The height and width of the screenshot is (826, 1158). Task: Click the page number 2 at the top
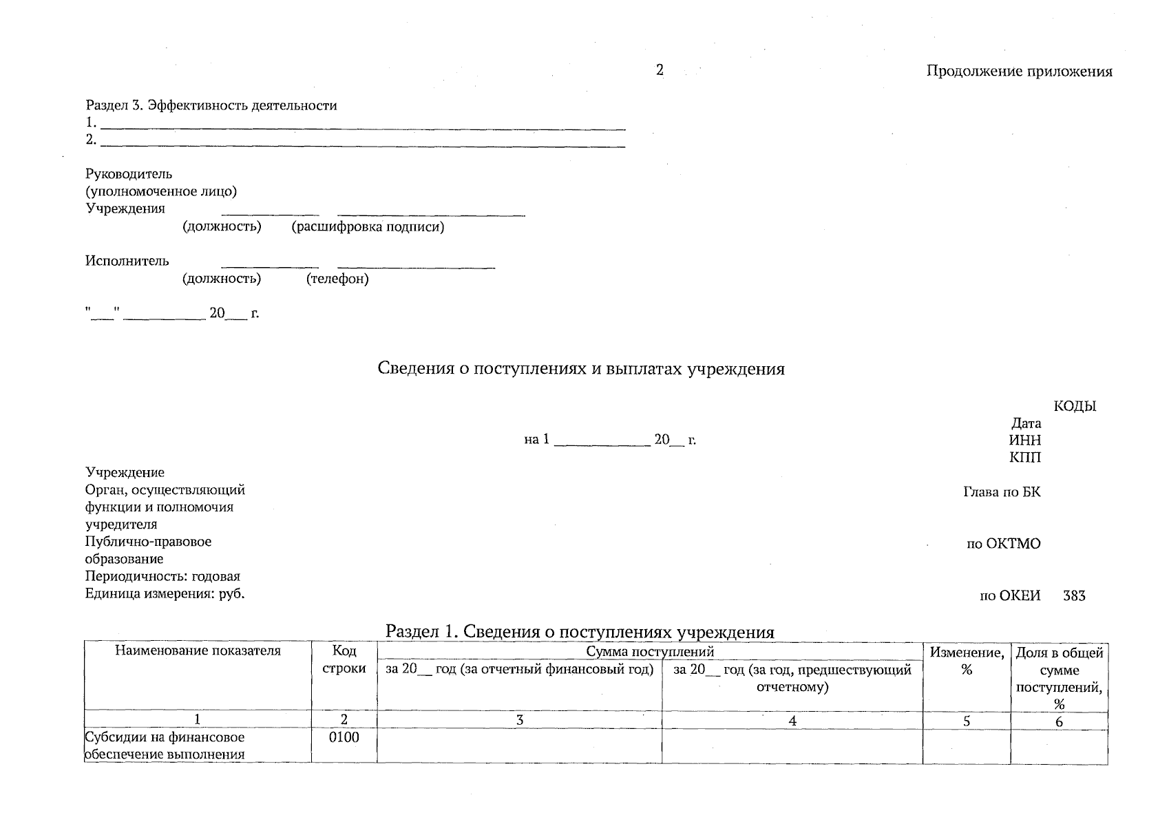(x=660, y=70)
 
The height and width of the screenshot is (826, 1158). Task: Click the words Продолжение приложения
(x=1019, y=72)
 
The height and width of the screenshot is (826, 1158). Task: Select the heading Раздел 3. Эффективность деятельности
(x=211, y=106)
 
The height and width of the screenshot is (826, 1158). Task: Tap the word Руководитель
(x=129, y=174)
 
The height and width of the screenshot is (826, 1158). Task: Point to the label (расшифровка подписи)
(x=368, y=227)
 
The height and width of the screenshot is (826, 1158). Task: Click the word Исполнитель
(x=127, y=261)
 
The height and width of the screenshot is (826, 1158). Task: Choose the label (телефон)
(x=337, y=279)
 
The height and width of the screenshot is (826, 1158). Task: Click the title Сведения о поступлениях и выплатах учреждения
(x=581, y=369)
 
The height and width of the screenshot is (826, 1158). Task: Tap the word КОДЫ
(x=1075, y=406)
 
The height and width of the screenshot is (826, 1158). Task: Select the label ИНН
(x=1024, y=441)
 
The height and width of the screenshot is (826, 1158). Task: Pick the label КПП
(x=1025, y=458)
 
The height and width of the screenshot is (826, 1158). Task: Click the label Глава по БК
(x=1002, y=492)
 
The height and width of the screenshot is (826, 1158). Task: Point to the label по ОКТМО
(x=1003, y=544)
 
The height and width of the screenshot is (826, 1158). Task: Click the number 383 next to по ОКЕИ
(x=1074, y=596)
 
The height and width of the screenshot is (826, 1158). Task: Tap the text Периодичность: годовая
(x=162, y=577)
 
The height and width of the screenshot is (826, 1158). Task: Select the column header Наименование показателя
(x=198, y=651)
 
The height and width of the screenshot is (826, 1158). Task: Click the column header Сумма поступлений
(x=649, y=651)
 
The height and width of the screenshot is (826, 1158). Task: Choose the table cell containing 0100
(x=344, y=738)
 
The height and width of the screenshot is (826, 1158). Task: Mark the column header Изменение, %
(x=967, y=660)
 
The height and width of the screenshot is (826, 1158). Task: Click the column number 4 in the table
(x=792, y=721)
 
